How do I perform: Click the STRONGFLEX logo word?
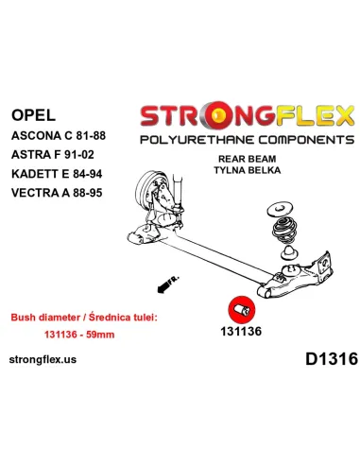pyautogui.click(x=248, y=116)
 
